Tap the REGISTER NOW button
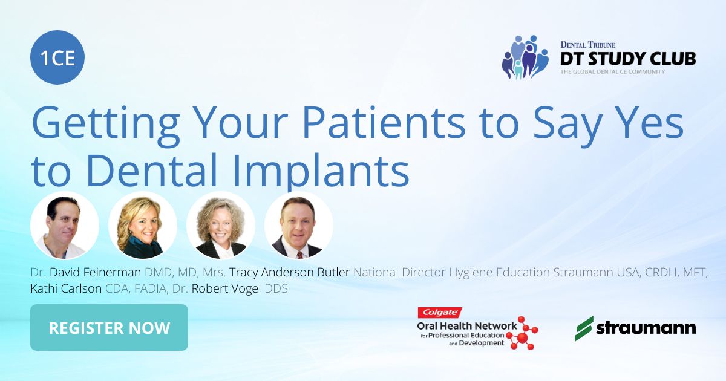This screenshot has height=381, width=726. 109,328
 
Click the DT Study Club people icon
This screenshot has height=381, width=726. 525,57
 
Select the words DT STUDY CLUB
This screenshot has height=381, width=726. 627,58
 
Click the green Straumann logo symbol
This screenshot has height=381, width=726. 584,328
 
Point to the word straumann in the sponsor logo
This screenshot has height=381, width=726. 646,328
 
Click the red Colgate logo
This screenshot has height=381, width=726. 440,313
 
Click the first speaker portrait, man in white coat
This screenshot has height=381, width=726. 65,226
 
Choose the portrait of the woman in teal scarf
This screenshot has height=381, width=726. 143,226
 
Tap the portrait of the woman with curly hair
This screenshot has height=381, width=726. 221,226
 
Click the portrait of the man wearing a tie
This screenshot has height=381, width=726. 299,226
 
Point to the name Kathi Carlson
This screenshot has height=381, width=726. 66,289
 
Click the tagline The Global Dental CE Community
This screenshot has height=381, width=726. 612,72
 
